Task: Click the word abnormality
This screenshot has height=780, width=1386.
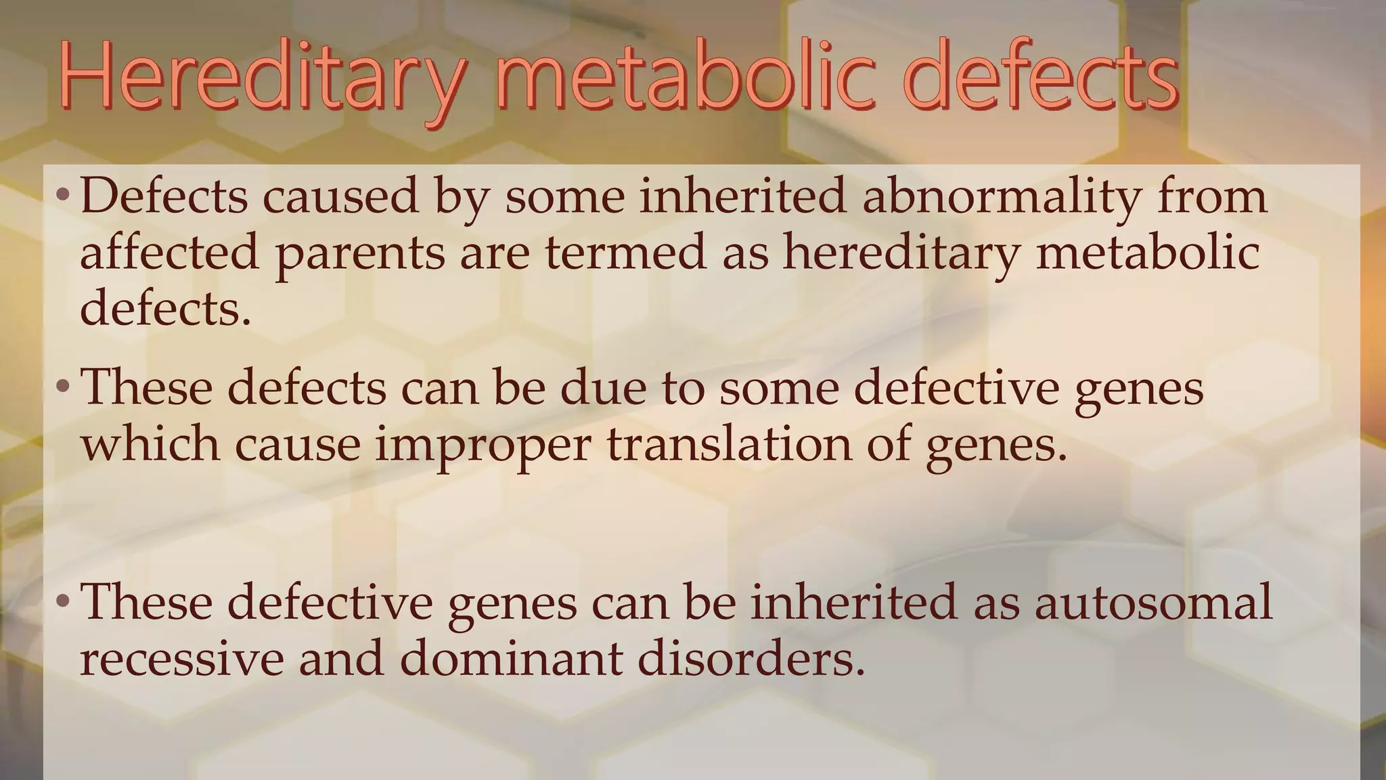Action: tap(1001, 198)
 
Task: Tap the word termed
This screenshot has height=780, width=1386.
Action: tap(625, 252)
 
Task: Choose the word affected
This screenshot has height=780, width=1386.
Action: tap(169, 252)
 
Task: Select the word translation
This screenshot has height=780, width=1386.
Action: tap(728, 444)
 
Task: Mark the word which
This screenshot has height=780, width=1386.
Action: tap(150, 444)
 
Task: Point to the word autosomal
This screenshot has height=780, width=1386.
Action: tap(1153, 602)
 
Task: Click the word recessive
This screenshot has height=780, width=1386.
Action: tap(181, 659)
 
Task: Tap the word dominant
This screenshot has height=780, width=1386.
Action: tap(511, 657)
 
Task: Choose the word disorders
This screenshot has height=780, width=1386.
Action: tap(751, 657)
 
